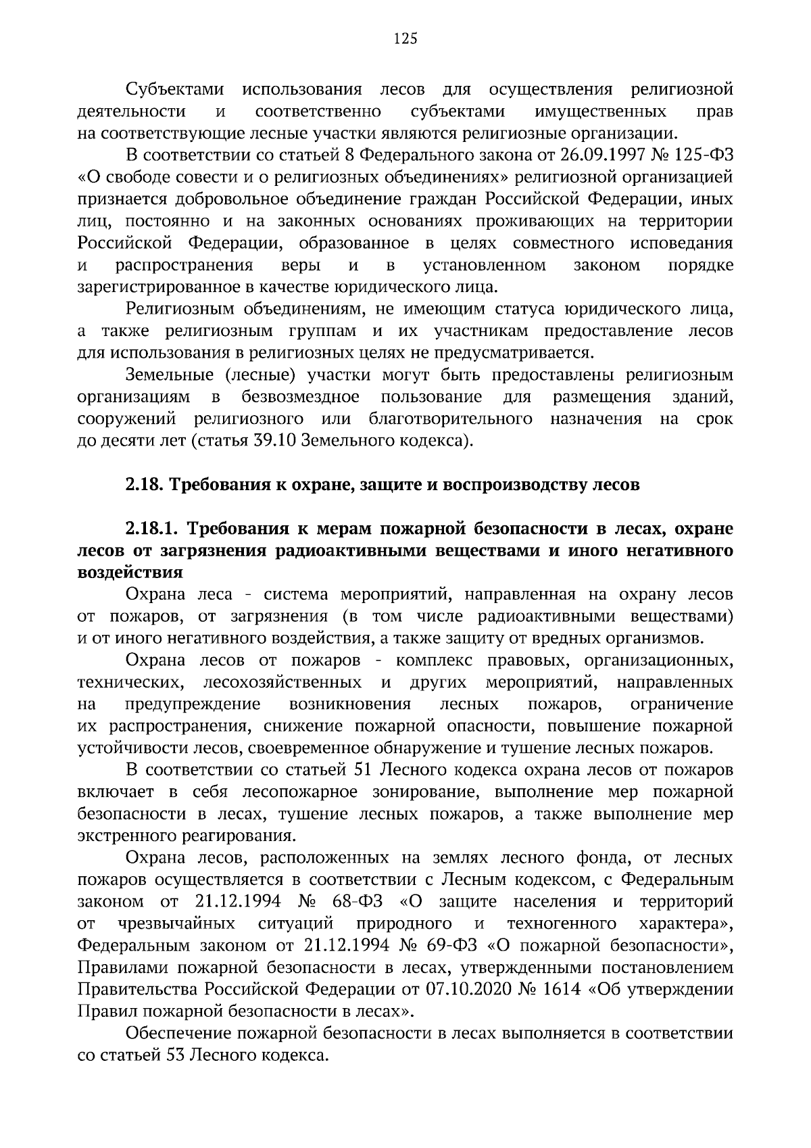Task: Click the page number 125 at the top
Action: click(x=405, y=39)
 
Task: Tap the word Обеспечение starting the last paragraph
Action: click(x=176, y=1033)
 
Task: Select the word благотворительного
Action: click(x=450, y=419)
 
